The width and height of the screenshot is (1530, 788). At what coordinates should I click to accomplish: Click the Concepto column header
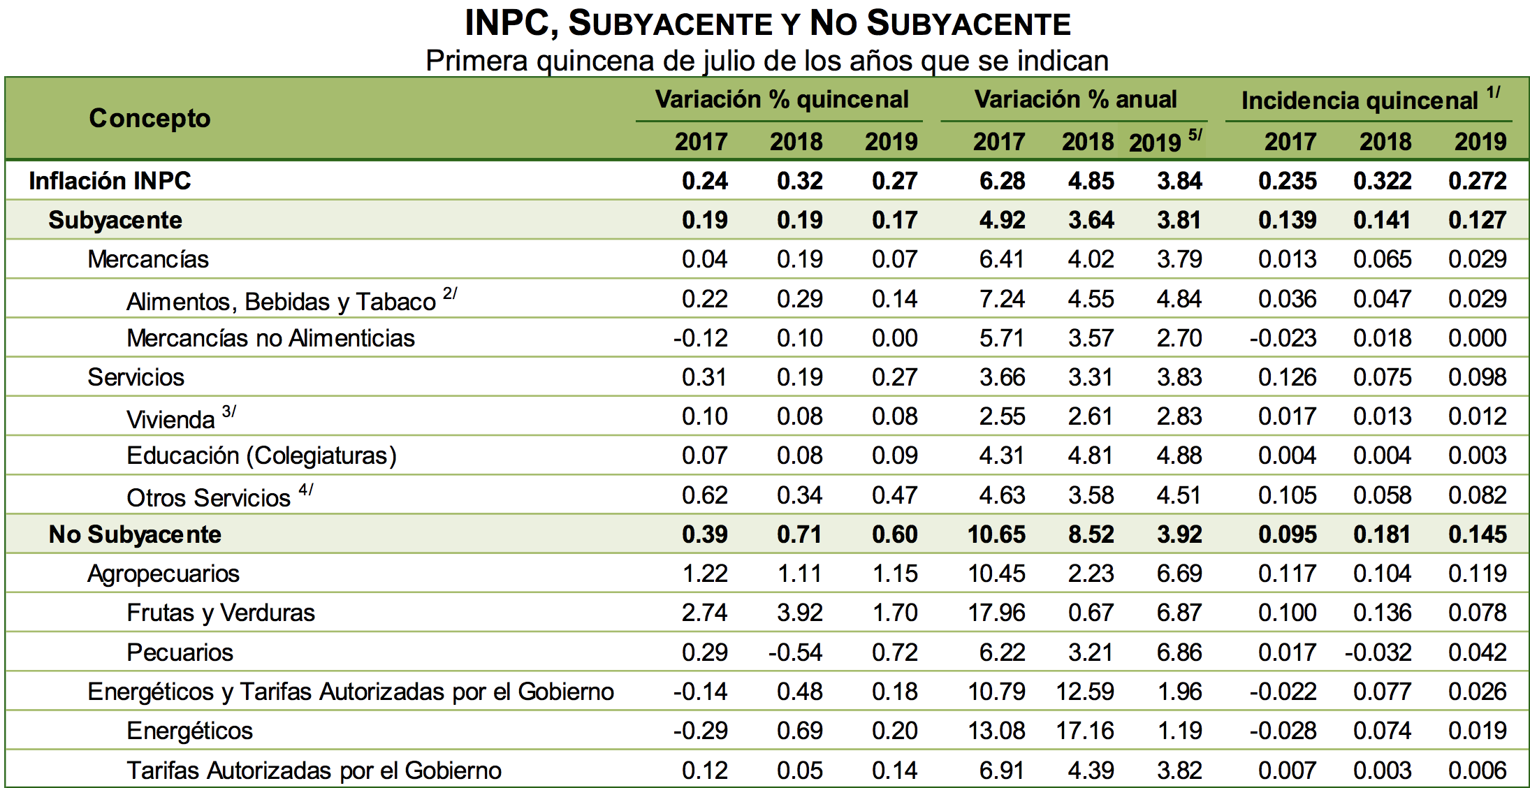[x=150, y=118]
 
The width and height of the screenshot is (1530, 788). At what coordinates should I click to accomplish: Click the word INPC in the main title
[x=507, y=24]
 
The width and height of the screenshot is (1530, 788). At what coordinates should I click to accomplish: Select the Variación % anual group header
[x=1075, y=99]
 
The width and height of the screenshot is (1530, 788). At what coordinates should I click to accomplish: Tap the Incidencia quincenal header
[x=1360, y=101]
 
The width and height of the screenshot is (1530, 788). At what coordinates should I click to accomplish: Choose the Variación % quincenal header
[x=782, y=99]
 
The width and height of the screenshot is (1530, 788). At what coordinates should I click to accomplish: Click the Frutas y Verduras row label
[x=221, y=613]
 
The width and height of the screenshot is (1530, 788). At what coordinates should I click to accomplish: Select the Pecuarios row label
[x=180, y=652]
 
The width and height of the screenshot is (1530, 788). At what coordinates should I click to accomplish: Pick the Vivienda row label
[x=170, y=419]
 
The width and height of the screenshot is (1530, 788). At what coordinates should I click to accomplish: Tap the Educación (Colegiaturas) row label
[x=261, y=455]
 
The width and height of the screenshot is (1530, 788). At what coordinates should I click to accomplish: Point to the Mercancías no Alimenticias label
[x=270, y=338]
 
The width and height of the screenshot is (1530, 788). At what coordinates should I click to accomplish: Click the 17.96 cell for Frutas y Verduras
[x=996, y=613]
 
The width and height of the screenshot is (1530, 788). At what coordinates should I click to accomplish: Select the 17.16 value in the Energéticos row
[x=1085, y=731]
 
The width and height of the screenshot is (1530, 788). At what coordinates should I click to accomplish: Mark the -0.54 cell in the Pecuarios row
[x=796, y=652]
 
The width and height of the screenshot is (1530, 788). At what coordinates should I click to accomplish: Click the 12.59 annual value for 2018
[x=1085, y=692]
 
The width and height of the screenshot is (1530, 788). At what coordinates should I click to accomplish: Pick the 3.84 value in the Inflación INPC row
[x=1179, y=181]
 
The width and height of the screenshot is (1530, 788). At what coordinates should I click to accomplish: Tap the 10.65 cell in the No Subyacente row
[x=996, y=534]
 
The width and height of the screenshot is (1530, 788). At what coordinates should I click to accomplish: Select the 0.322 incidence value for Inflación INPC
[x=1383, y=181]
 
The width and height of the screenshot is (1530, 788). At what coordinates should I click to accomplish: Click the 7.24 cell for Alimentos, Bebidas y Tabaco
[x=1002, y=299]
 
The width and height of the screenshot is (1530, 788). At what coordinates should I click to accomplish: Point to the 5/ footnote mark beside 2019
[x=1195, y=134]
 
